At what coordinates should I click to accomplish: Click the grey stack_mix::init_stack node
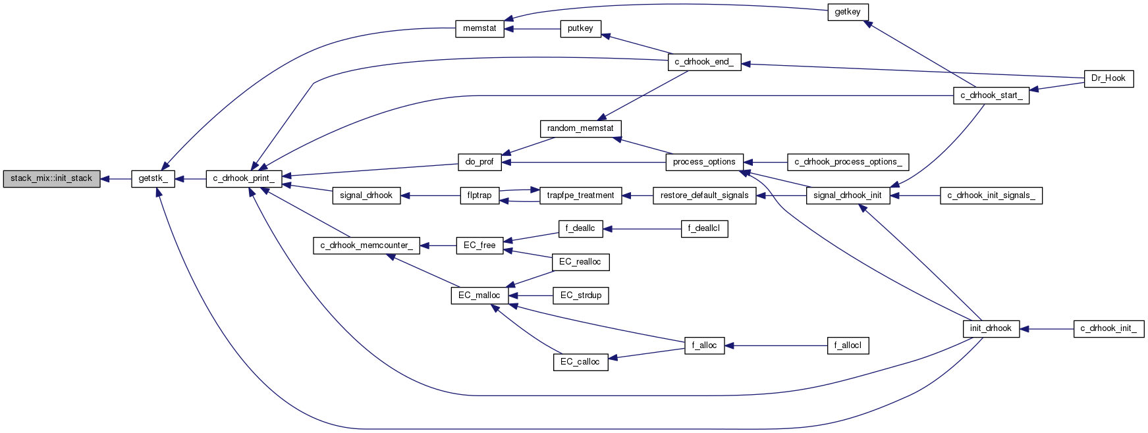[x=51, y=178]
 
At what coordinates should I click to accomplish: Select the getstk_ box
[x=153, y=178]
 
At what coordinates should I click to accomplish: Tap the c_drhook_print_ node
[x=244, y=178]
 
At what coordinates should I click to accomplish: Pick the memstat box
[x=479, y=29]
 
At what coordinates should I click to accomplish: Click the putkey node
[x=580, y=29]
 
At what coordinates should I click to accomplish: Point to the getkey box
[x=848, y=12]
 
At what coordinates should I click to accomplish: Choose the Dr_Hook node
[x=1108, y=78]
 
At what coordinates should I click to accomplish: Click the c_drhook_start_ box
[x=991, y=95]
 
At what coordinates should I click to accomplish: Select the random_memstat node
[x=580, y=128]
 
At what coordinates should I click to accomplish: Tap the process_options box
[x=704, y=162]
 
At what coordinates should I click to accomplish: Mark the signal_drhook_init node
[x=848, y=195]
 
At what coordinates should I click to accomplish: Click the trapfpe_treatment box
[x=580, y=195]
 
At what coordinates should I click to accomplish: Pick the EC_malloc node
[x=479, y=295]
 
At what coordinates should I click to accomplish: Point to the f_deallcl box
[x=704, y=229]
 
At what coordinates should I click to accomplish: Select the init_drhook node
[x=991, y=328]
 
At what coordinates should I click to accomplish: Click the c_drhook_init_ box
[x=1108, y=328]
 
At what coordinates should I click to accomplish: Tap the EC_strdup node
[x=580, y=295]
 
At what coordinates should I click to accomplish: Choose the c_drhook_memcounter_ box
[x=366, y=245]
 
